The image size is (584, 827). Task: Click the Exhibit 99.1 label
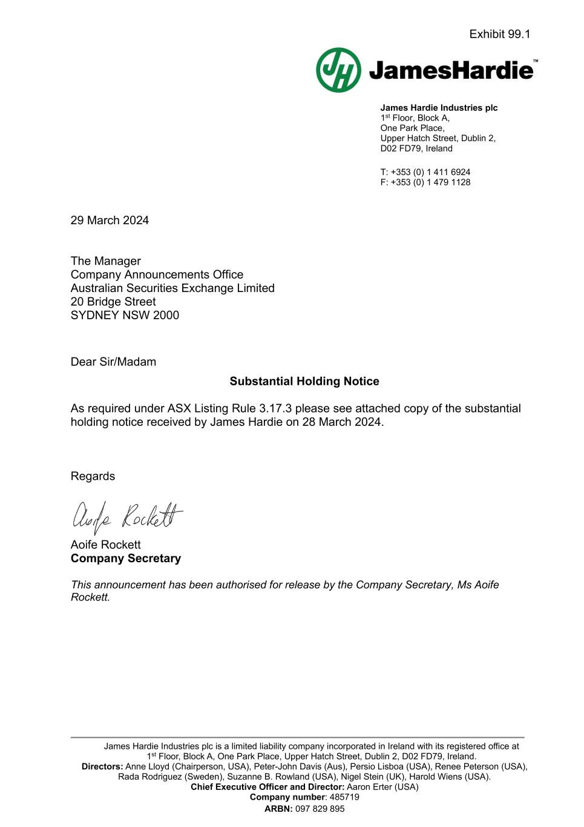pyautogui.click(x=499, y=35)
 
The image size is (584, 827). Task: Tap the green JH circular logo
pyautogui.click(x=338, y=70)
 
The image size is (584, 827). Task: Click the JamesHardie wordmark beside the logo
pyautogui.click(x=451, y=71)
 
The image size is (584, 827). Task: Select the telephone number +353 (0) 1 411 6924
pyautogui.click(x=430, y=172)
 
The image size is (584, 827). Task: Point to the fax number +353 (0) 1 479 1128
pyautogui.click(x=430, y=182)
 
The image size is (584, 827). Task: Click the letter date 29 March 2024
pyautogui.click(x=110, y=221)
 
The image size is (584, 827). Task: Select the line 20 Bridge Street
pyautogui.click(x=113, y=302)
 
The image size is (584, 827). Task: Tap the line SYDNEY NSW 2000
pyautogui.click(x=125, y=315)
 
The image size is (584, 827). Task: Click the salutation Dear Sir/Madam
pyautogui.click(x=113, y=362)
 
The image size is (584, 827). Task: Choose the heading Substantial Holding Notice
pyautogui.click(x=304, y=381)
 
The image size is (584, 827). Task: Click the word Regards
pyautogui.click(x=93, y=476)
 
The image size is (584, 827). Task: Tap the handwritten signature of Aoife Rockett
pyautogui.click(x=127, y=517)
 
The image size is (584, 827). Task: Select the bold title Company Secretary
pyautogui.click(x=126, y=559)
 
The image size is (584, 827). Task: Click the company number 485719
pyautogui.click(x=344, y=797)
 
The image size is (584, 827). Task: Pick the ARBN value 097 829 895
pyautogui.click(x=320, y=809)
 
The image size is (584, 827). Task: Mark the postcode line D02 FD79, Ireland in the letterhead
pyautogui.click(x=416, y=148)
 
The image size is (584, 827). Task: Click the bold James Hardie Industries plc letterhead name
pyautogui.click(x=439, y=108)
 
